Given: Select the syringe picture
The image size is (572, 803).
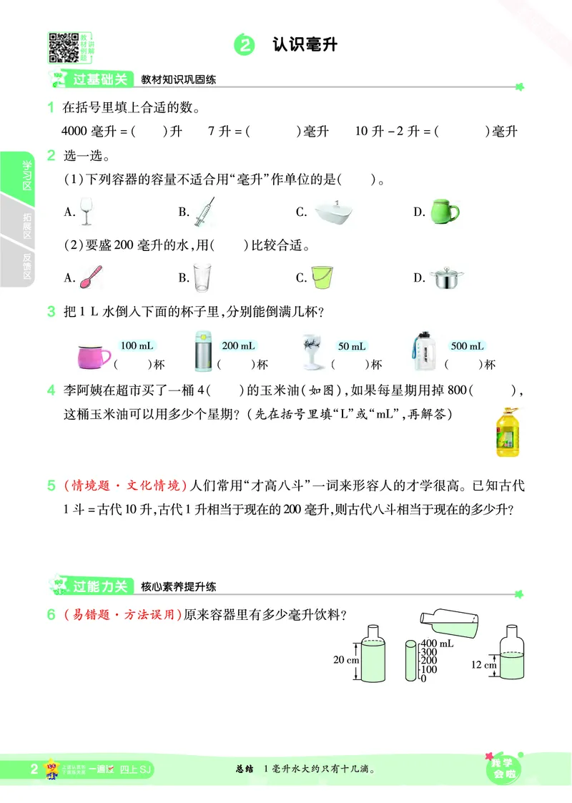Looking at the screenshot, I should pos(204,212).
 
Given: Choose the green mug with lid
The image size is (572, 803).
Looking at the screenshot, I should pos(444,211).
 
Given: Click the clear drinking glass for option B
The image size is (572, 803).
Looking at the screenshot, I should pos(203,277).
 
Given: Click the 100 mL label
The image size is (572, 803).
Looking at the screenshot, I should pos(137,346).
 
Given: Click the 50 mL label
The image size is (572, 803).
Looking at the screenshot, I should pos(352,347).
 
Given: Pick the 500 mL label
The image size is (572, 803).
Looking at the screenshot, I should pos(468,346).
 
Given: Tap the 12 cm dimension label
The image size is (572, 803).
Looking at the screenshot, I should pos(483,664).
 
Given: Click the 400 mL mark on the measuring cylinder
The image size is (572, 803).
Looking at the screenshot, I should pos(437,644).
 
